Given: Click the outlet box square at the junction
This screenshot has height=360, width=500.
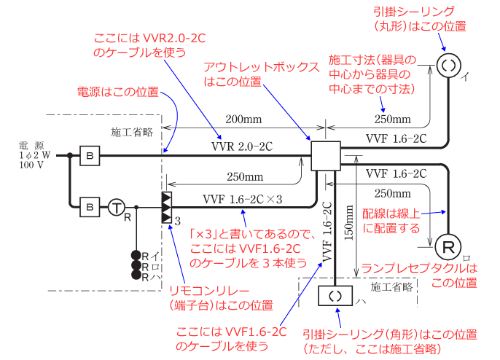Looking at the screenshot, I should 325,156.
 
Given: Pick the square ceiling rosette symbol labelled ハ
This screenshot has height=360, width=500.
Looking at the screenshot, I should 335,297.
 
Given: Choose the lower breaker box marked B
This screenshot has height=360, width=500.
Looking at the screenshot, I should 89,208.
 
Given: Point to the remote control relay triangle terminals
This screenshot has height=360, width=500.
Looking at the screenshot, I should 167,208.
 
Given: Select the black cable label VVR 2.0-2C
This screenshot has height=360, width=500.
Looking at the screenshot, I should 241,146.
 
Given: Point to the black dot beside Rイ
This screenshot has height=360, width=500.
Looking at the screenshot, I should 136,255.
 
